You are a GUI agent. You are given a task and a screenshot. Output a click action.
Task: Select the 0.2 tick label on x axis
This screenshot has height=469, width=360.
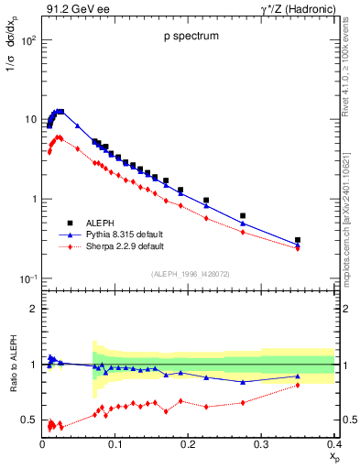(x=188, y=444)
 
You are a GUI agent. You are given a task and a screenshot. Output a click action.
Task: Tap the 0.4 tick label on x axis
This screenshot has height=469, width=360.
(x=333, y=444)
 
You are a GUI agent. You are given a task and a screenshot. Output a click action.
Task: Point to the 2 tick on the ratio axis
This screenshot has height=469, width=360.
(x=33, y=309)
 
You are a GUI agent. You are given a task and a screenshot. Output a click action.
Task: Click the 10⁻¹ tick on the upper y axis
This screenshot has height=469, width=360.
(x=28, y=278)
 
